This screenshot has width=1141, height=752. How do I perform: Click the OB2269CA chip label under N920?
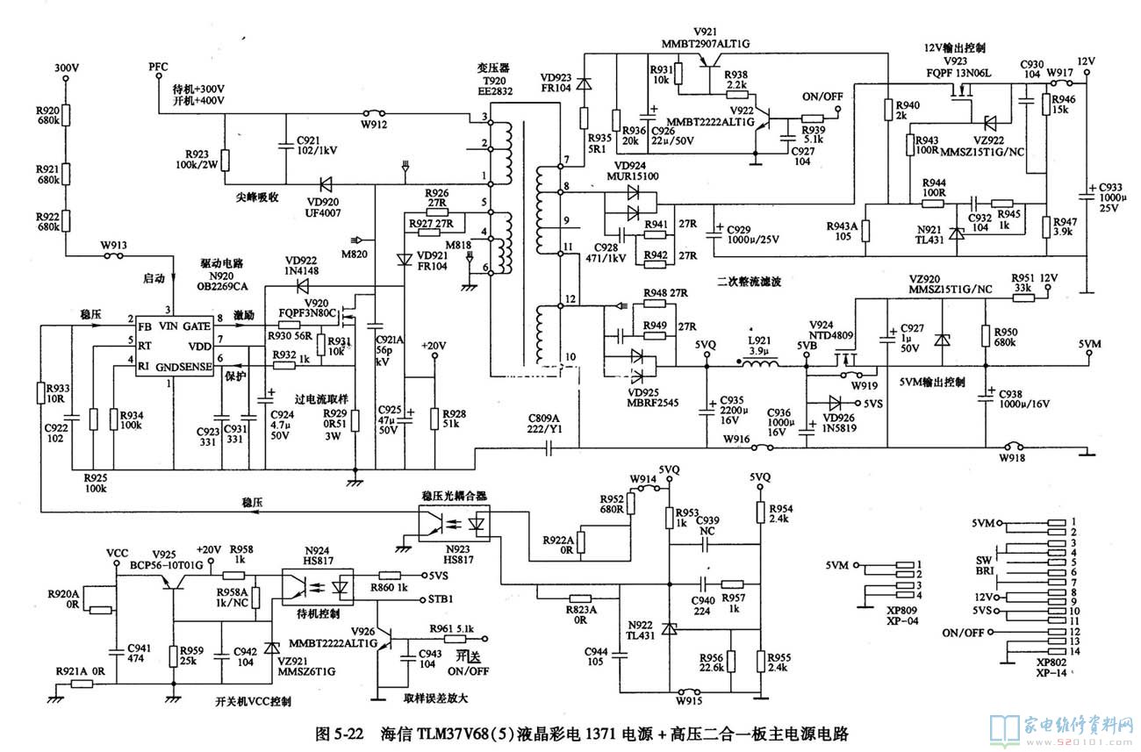[224, 285]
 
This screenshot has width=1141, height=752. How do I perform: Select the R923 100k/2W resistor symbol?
[226, 161]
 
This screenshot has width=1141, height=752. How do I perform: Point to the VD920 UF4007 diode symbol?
[327, 185]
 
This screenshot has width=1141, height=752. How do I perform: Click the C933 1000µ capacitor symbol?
[1086, 195]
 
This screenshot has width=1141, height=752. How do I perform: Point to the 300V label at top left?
[67, 68]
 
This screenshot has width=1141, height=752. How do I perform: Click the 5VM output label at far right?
[1090, 343]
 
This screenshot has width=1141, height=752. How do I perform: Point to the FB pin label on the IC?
[143, 326]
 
